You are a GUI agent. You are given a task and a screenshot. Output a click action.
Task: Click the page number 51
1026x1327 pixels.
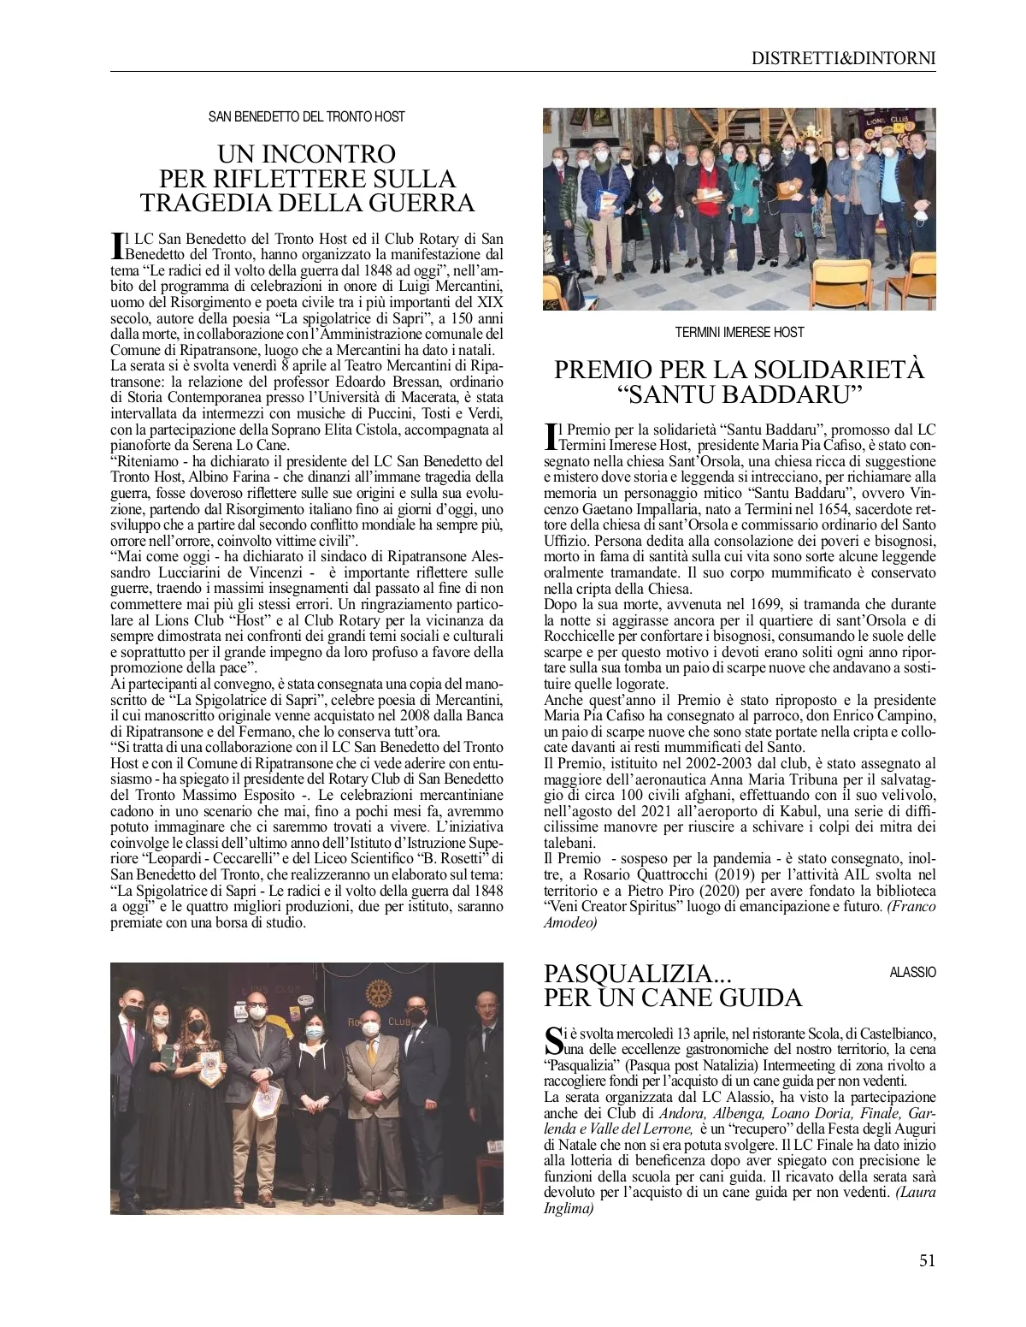[x=927, y=1260]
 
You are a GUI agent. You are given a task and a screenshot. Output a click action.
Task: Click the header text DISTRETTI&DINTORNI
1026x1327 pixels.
[x=843, y=58]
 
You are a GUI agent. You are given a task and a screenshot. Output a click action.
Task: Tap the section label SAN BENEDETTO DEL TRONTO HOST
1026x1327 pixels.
[x=307, y=116]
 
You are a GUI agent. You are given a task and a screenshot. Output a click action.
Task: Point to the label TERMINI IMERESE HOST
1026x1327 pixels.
[x=739, y=331]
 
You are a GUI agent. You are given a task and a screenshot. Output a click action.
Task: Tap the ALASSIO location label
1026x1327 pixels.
[x=912, y=973]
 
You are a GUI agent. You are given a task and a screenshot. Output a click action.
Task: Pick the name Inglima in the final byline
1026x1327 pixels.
[x=569, y=1210]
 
